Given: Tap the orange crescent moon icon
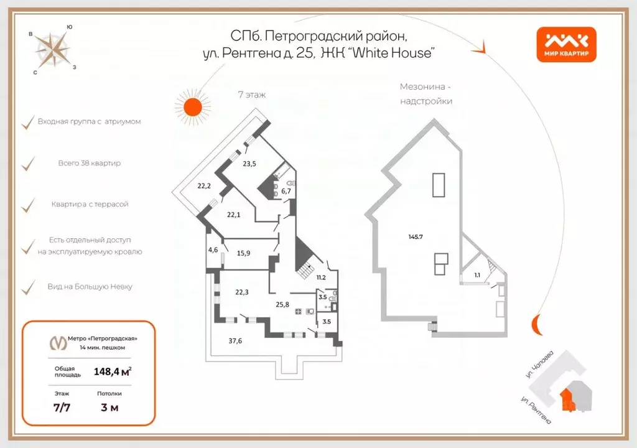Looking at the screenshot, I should click(x=536, y=324).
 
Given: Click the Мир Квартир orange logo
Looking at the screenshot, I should click(x=567, y=45).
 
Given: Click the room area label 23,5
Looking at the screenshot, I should click(x=250, y=164).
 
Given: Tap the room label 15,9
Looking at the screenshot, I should click(x=244, y=253).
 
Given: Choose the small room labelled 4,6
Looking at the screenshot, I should click(x=213, y=250).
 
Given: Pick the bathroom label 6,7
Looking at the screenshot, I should click(x=286, y=191).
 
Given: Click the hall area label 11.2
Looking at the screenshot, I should click(x=322, y=278).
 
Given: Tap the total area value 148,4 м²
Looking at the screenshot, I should click(x=112, y=371).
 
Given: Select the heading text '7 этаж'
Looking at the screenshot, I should click(x=252, y=95).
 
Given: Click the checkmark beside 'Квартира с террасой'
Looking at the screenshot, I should click(x=27, y=205).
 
